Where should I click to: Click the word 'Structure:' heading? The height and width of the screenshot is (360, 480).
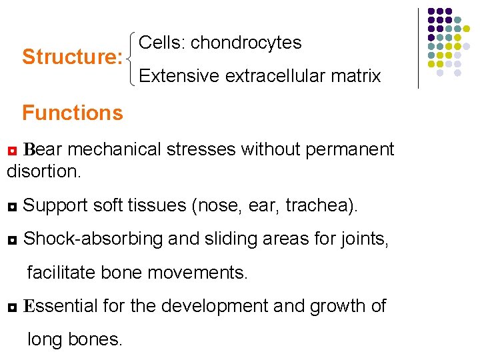pos(71,57)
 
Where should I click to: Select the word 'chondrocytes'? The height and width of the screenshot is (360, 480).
pos(246,43)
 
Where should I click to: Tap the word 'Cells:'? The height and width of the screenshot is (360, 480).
pos(162,43)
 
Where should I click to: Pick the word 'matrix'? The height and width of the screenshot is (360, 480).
pos(358,76)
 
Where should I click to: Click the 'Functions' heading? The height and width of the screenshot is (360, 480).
pos(73,113)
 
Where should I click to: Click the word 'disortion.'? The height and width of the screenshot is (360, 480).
pos(44,171)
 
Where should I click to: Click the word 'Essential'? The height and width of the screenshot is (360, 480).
pos(61,306)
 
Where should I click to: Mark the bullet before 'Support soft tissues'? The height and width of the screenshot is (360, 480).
pos(11,207)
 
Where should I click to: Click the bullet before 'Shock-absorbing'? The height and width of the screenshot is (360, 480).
pos(11,239)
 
